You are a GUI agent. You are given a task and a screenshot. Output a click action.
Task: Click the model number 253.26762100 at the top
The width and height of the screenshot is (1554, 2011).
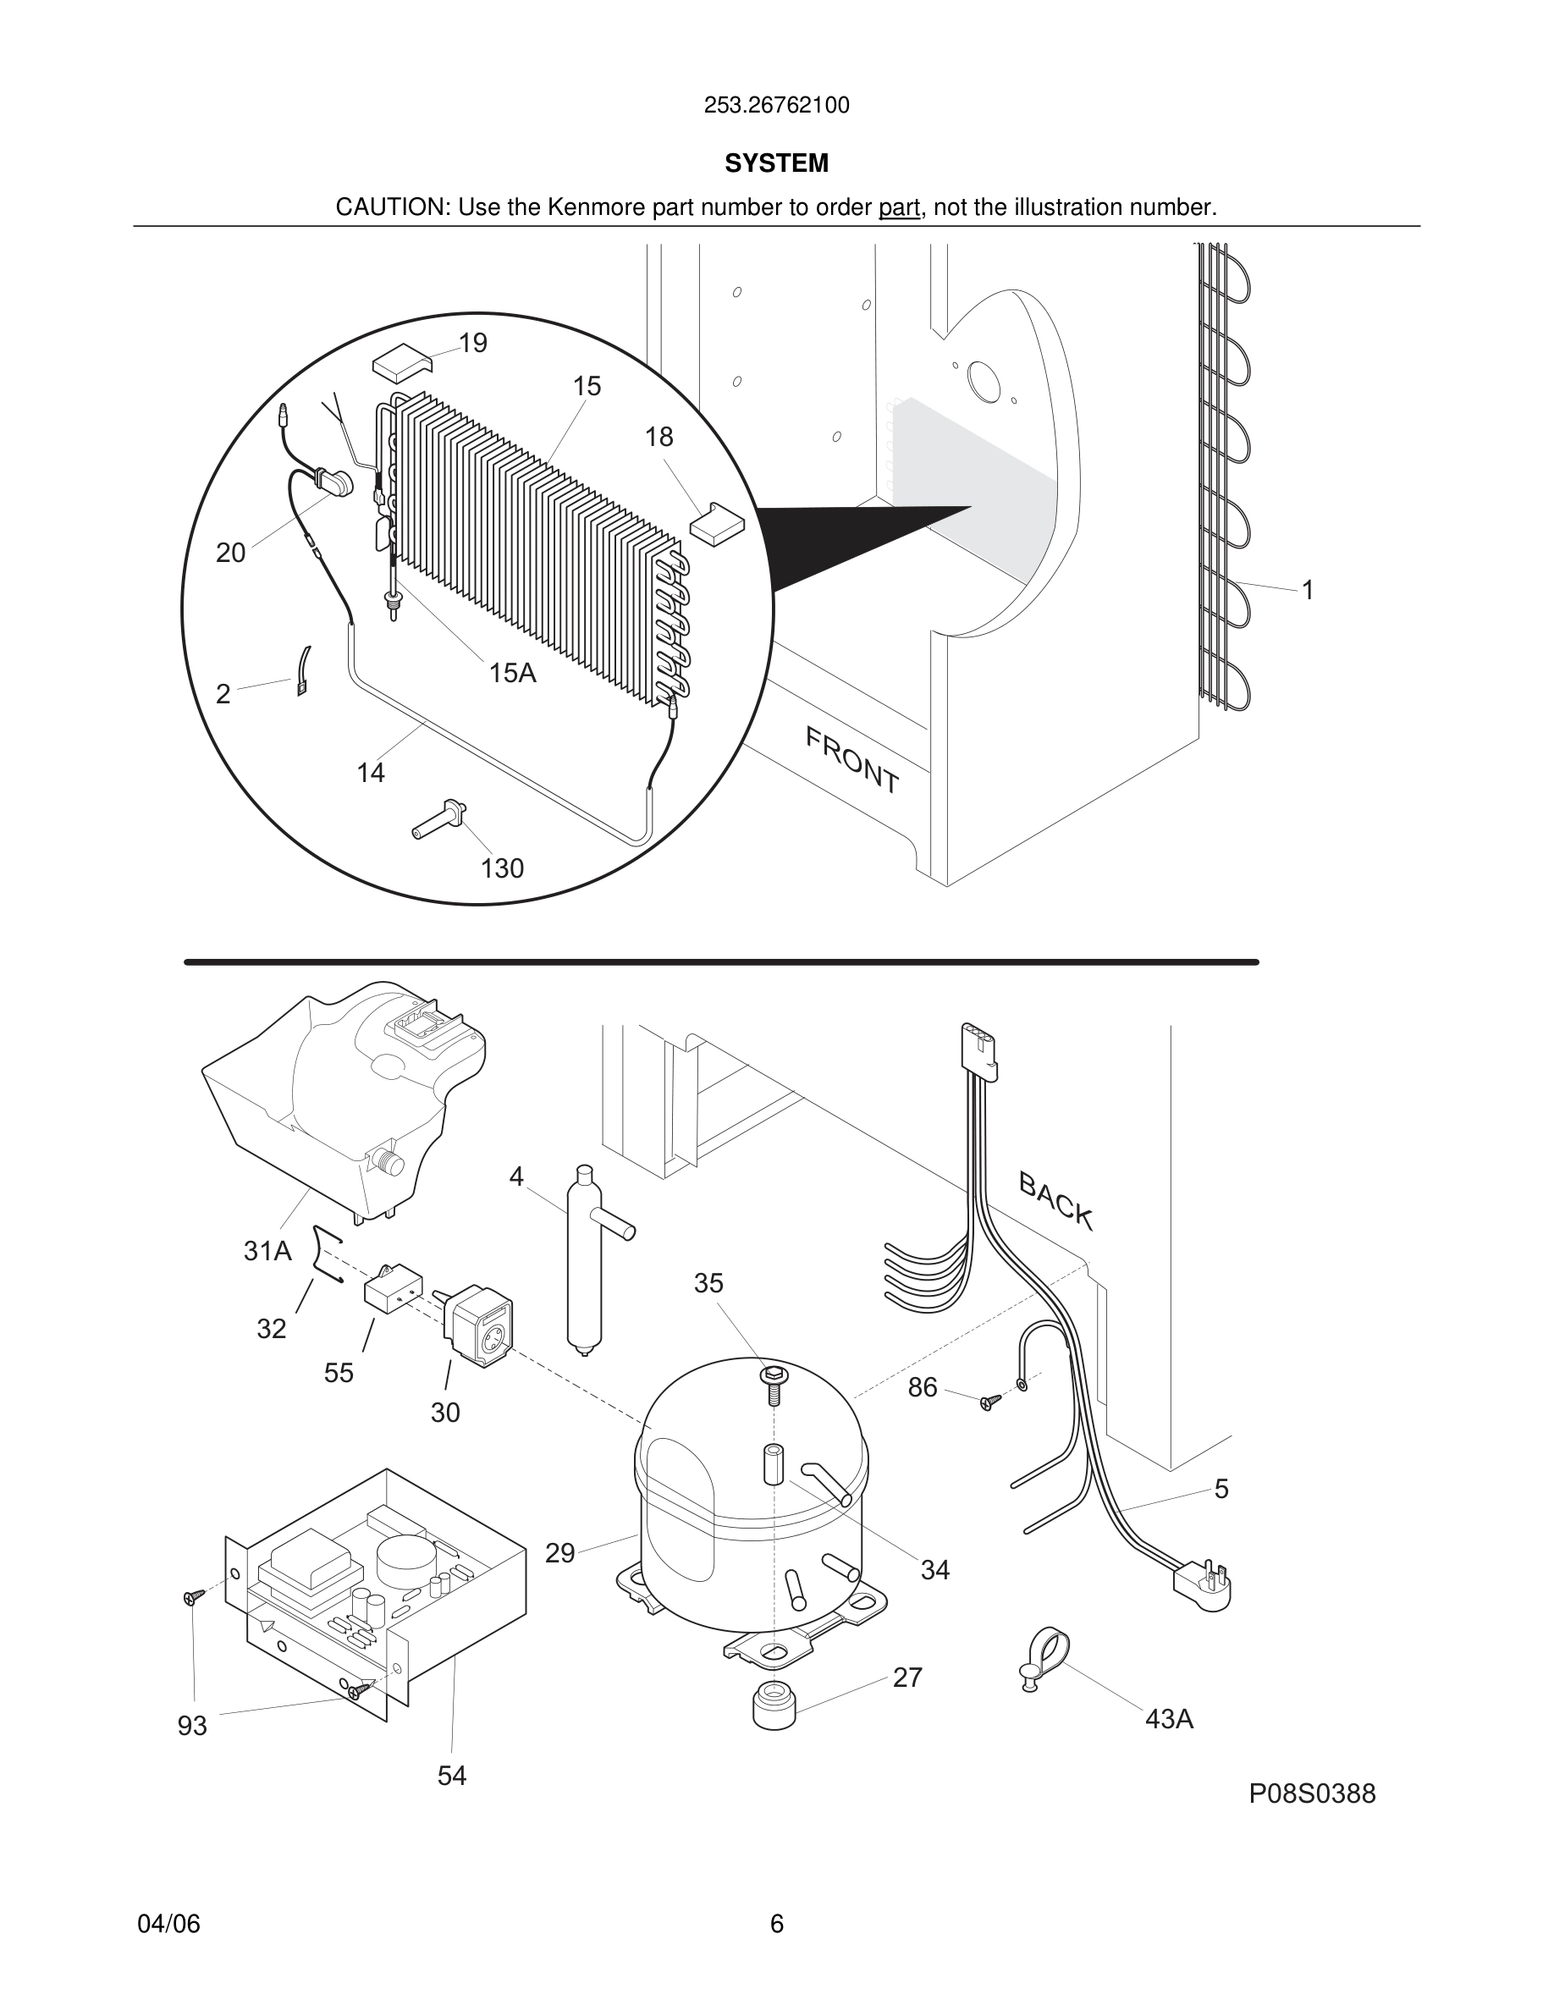(x=776, y=106)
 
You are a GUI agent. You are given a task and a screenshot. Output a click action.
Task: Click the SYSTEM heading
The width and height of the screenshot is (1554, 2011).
(x=776, y=163)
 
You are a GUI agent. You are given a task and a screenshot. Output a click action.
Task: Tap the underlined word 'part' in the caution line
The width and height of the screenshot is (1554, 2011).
(x=899, y=208)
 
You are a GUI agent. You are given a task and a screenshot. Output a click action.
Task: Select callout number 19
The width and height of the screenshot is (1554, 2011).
(x=472, y=344)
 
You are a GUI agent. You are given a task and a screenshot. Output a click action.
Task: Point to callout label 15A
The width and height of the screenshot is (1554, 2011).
(x=512, y=673)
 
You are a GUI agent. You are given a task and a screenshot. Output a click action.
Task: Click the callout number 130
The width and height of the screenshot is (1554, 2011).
(x=502, y=868)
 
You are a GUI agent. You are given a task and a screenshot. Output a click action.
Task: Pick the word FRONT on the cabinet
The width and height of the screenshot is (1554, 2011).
(x=851, y=761)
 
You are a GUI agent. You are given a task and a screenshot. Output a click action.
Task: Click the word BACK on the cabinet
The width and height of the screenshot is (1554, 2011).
(x=1056, y=1201)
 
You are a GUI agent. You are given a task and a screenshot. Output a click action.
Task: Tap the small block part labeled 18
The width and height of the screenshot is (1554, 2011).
(x=716, y=524)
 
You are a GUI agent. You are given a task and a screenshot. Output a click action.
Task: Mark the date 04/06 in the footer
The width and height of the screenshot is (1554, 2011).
(x=168, y=1924)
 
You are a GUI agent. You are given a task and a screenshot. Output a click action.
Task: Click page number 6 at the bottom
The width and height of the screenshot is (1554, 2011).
(x=776, y=1924)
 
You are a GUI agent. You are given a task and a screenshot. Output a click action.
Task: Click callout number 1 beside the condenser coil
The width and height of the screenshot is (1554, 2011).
(x=1308, y=590)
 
